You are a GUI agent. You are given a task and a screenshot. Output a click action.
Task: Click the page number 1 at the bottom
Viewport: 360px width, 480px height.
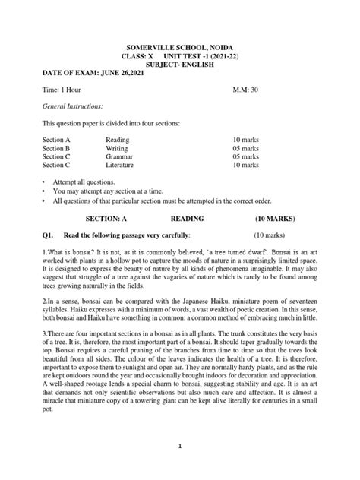180,466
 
